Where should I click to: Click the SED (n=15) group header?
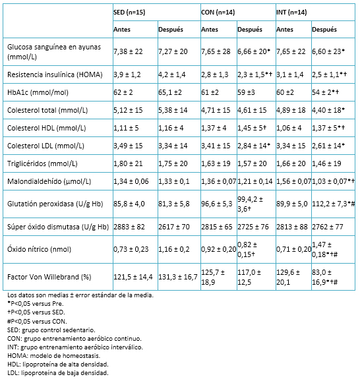point(129,13)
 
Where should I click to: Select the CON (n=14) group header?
point(218,13)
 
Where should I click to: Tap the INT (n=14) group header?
point(291,13)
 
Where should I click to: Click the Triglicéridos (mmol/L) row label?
point(42,163)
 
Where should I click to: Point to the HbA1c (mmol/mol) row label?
point(38,92)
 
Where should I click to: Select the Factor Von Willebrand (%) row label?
point(49,277)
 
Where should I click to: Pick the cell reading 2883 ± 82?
point(129,227)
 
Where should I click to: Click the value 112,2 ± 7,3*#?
point(334,204)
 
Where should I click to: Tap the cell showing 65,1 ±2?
point(170,92)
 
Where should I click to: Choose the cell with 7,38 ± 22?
point(128,51)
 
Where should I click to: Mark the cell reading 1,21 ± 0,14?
point(255,181)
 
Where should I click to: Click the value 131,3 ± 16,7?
point(178,277)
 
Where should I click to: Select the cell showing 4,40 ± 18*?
point(328,110)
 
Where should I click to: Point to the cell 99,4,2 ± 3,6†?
point(251,204)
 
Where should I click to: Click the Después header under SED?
point(171,30)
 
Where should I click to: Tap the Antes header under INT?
point(285,30)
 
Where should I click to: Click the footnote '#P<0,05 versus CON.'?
point(37,321)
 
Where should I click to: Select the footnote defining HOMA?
point(53,355)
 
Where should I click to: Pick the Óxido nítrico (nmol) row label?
point(39,249)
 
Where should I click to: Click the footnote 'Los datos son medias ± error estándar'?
point(80,295)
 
